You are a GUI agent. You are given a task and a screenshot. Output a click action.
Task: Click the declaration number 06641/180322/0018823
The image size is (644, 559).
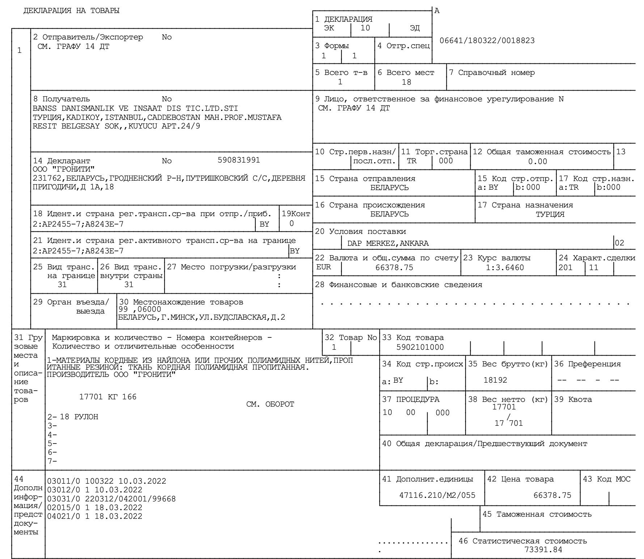click(487, 41)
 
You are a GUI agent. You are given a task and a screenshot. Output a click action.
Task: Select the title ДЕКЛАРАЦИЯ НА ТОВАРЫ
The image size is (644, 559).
click(71, 11)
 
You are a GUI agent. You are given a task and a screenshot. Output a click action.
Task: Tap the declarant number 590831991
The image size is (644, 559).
click(239, 160)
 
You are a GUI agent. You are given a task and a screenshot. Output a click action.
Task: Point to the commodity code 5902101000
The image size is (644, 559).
click(420, 347)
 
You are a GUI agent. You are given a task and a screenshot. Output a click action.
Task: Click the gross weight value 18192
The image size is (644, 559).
click(495, 380)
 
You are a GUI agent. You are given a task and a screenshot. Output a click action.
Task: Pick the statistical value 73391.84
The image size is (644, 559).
click(543, 550)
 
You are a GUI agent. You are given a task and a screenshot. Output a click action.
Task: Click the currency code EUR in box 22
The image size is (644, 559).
click(323, 267)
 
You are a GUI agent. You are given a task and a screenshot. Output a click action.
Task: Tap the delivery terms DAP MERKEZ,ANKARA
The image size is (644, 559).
click(388, 243)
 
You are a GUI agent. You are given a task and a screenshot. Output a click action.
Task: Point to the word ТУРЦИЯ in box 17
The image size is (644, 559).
click(550, 214)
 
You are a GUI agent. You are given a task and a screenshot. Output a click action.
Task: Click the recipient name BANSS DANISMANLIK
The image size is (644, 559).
click(79, 108)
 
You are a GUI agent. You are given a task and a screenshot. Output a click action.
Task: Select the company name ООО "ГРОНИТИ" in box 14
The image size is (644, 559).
click(64, 169)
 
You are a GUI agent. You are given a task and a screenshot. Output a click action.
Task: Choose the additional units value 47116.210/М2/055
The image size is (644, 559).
click(437, 495)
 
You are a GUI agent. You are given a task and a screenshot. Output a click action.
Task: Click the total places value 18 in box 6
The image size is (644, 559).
click(406, 82)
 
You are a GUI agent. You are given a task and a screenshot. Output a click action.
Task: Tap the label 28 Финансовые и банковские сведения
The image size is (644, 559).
click(398, 285)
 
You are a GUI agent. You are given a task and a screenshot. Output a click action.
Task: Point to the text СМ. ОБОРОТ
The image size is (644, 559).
click(270, 404)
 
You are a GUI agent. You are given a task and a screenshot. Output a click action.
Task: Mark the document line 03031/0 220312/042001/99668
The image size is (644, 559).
click(111, 499)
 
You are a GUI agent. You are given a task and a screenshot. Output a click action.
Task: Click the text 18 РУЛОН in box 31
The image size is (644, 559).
click(79, 417)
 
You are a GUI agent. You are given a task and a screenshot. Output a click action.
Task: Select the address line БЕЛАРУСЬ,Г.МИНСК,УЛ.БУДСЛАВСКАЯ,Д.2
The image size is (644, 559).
click(202, 318)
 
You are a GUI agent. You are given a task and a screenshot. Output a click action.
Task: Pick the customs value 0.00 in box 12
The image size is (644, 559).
click(537, 161)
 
